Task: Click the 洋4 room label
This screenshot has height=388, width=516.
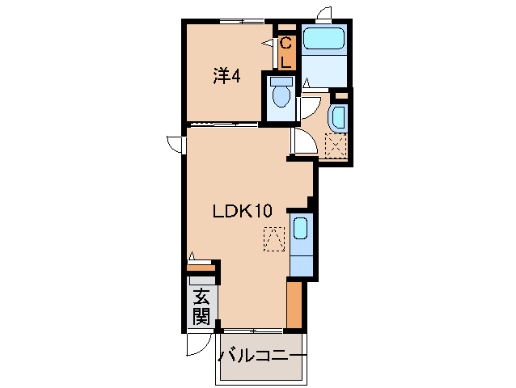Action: coord(226,77)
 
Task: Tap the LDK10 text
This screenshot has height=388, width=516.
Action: coord(241,212)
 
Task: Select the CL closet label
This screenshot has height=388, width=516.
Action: coord(286,52)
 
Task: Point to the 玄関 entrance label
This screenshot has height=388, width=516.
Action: coord(201,306)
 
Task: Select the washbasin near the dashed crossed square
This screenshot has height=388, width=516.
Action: coord(338,117)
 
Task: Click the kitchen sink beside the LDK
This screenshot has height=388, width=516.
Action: coord(299,228)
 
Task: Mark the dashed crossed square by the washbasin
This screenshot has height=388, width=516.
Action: coord(335,145)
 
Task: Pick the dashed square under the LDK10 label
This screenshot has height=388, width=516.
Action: coord(275,240)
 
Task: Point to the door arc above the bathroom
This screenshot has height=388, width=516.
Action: coord(325,14)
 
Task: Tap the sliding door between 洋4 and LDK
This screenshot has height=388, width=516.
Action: coord(224,124)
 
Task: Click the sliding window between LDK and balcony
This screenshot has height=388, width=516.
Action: coord(252,331)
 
